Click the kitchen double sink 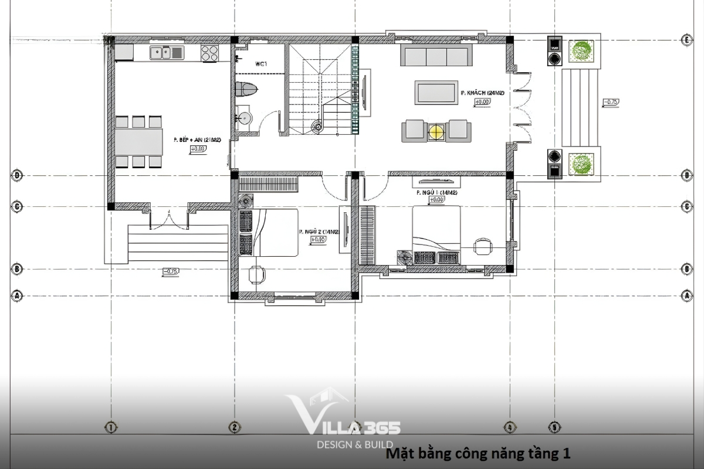(167, 53)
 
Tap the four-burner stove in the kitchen (209, 53)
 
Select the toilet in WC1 (246, 90)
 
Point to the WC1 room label (261, 63)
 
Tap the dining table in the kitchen (139, 141)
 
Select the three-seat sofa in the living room (436, 56)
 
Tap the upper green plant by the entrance (581, 52)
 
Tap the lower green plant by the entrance (581, 164)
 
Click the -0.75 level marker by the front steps (610, 103)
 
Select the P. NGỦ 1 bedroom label (436, 192)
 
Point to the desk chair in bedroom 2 (256, 274)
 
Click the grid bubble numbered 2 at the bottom (234, 427)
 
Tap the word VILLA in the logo (329, 420)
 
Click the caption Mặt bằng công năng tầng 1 (478, 453)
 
